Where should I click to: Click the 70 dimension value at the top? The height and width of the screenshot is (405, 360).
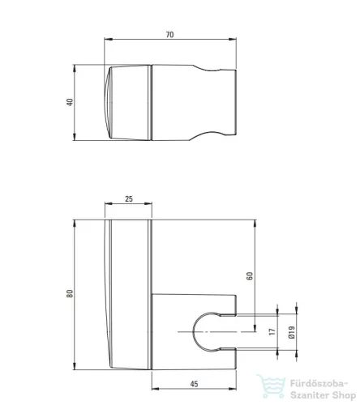pyautogui.click(x=169, y=35)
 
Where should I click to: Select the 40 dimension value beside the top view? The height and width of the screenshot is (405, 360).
pyautogui.click(x=70, y=102)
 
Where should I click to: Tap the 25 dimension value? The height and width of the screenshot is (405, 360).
pyautogui.click(x=129, y=198)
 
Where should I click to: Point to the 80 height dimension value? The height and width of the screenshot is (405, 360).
pyautogui.click(x=70, y=293)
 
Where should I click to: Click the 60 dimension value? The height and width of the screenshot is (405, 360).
pyautogui.click(x=250, y=275)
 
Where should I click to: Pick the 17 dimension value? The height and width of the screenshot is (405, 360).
pyautogui.click(x=272, y=331)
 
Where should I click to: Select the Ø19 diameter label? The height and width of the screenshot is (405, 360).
pyautogui.click(x=291, y=332)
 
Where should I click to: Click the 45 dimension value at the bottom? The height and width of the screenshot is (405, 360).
pyautogui.click(x=194, y=384)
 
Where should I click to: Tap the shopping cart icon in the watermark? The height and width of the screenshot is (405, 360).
pyautogui.click(x=271, y=386)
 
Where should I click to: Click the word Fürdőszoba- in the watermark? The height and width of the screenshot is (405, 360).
pyautogui.click(x=319, y=383)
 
